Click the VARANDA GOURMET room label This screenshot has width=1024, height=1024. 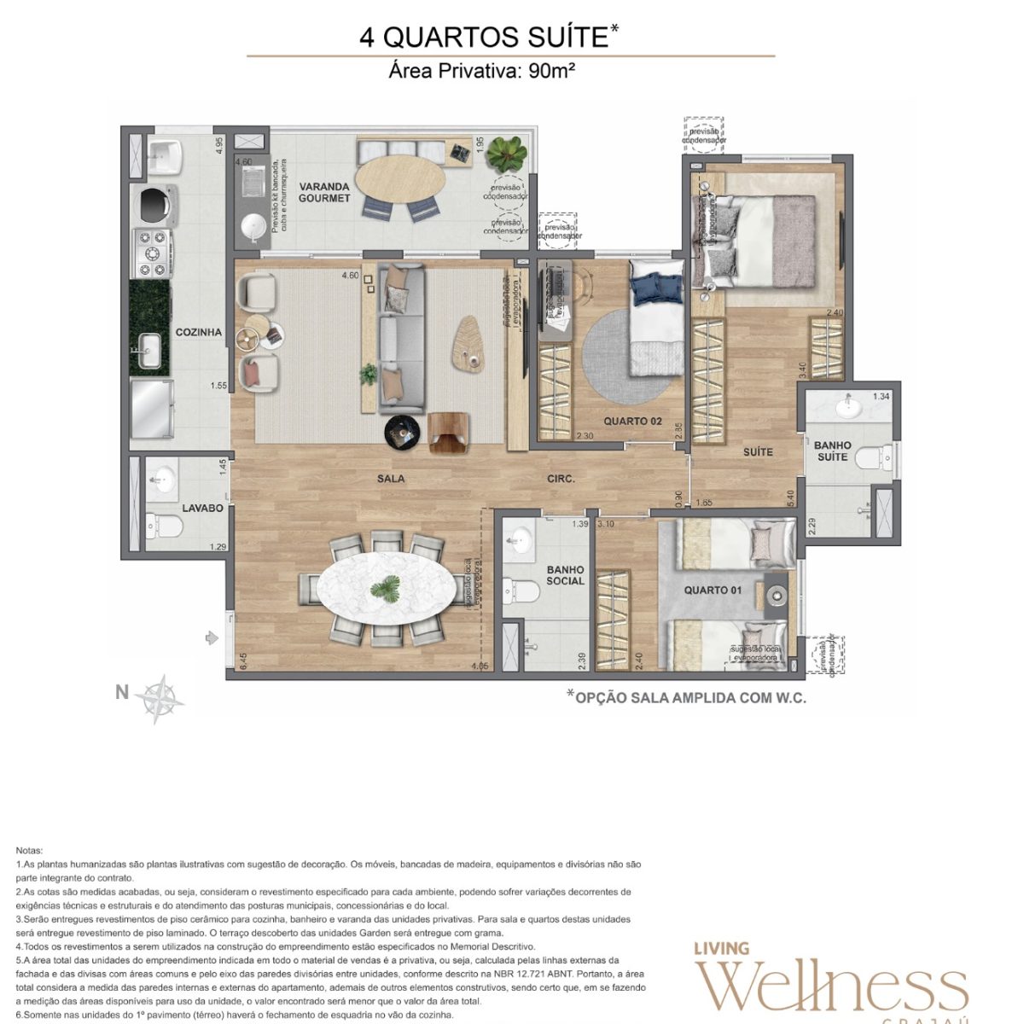click(x=324, y=192)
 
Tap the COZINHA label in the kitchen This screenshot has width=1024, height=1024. click(x=199, y=333)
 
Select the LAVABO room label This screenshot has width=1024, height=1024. click(x=202, y=508)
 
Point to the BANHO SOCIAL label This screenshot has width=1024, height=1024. click(x=565, y=575)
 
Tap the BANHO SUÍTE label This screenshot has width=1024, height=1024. click(x=832, y=451)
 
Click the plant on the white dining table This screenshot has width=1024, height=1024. click(x=386, y=588)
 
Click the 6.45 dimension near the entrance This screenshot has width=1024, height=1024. click(x=243, y=662)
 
